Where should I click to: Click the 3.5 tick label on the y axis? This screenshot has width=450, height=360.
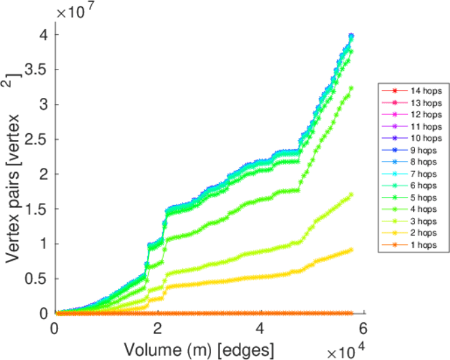tap(37, 70)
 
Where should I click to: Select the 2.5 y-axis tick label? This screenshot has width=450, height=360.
tap(37, 139)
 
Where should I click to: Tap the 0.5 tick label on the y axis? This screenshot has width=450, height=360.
tap(37, 278)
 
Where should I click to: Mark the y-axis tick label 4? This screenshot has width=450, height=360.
tap(43, 35)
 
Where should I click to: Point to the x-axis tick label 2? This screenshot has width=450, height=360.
tap(157, 329)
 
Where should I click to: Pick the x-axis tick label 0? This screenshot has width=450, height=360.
tap(55, 329)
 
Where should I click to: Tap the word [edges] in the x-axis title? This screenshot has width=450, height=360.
tap(252, 347)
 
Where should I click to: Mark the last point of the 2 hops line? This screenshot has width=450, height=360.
tap(351, 250)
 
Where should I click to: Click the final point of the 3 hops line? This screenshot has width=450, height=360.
tap(351, 194)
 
